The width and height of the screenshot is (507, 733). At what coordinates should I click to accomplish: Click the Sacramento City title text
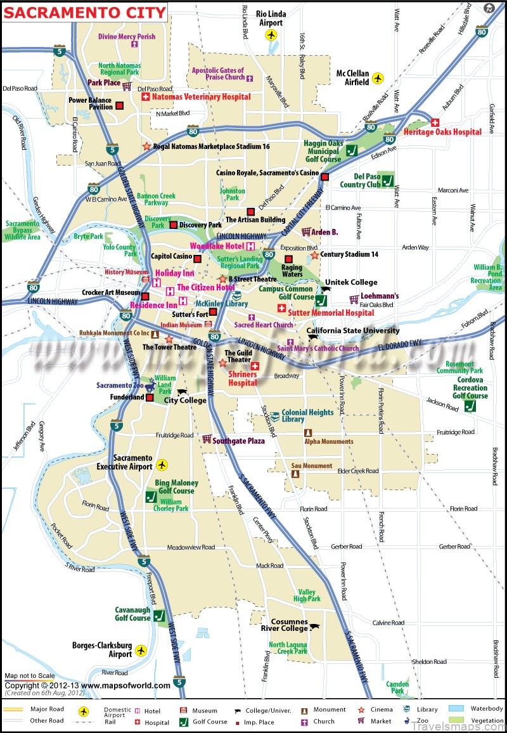click(x=84, y=11)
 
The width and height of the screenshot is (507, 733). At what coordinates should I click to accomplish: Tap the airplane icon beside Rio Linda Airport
click(x=273, y=35)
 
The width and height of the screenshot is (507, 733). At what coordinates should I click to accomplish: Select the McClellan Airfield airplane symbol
click(x=378, y=77)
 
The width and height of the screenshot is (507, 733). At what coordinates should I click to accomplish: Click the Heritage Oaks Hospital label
click(x=442, y=132)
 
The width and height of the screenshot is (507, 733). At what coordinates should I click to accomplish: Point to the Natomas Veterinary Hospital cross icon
click(x=144, y=97)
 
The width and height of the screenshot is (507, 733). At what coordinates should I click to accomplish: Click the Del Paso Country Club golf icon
click(x=387, y=179)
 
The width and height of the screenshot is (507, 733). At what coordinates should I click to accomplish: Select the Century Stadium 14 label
click(x=349, y=254)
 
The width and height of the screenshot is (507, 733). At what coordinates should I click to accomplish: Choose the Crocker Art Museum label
click(x=111, y=293)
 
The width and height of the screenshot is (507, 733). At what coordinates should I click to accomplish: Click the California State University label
click(x=353, y=330)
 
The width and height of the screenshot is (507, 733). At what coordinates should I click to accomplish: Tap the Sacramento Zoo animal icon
click(x=150, y=386)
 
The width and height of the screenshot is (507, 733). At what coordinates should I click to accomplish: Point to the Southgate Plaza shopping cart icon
click(x=207, y=439)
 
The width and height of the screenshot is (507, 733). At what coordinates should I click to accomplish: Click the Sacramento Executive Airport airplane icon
click(x=162, y=465)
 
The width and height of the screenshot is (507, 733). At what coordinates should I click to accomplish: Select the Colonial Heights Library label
click(x=307, y=416)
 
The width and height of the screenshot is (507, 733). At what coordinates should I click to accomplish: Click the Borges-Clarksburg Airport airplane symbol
click(x=141, y=651)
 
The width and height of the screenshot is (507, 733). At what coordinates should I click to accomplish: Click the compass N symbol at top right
click(x=489, y=8)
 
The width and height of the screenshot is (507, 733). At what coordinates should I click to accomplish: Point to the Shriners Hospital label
click(x=242, y=379)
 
